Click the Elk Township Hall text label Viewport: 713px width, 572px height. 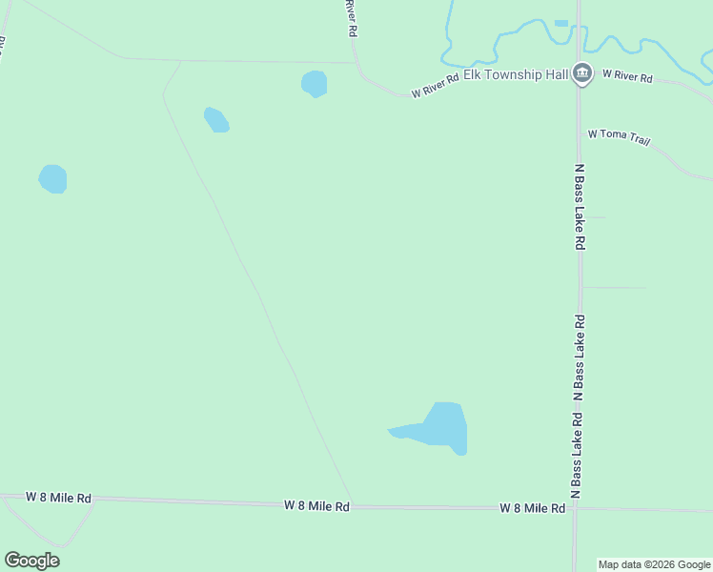[516, 74]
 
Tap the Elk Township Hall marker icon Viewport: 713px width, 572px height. [581, 73]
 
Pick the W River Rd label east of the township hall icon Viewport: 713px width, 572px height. [627, 76]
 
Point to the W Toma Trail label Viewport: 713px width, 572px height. [620, 136]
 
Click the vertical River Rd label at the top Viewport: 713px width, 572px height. [351, 18]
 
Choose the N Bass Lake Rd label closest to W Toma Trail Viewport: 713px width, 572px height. [579, 206]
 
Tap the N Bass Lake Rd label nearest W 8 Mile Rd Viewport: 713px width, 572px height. [576, 457]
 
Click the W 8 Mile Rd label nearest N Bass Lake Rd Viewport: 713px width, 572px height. [533, 509]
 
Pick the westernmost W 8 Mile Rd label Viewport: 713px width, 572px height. [58, 498]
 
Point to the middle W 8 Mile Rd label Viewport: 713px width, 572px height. [316, 506]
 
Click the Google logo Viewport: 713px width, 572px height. [32, 561]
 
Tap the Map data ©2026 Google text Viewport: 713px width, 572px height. [655, 564]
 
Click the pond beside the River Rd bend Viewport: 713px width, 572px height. [314, 84]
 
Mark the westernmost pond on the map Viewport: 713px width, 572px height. [52, 178]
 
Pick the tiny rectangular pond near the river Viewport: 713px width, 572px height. [561, 23]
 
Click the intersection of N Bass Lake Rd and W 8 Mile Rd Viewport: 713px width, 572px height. [575, 508]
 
